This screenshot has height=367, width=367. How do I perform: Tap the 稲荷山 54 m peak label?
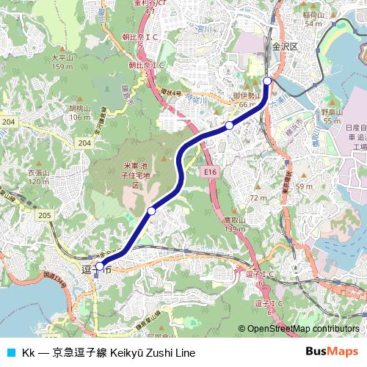pyautogui.click(x=313, y=19)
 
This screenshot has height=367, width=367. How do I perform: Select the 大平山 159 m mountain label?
pyautogui.click(x=62, y=62)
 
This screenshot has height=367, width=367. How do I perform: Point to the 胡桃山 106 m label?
pyautogui.click(x=79, y=112)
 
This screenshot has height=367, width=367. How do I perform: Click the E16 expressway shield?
pyautogui.click(x=211, y=171)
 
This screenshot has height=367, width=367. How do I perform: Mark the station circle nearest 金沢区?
pyautogui.click(x=267, y=81)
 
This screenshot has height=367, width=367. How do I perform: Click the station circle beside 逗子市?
pyautogui.click(x=100, y=267)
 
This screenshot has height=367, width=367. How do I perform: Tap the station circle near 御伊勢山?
pyautogui.click(x=230, y=126)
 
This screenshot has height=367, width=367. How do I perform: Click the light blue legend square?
pyautogui.click(x=10, y=352)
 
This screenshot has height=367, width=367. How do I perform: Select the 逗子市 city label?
pyautogui.click(x=96, y=271)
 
